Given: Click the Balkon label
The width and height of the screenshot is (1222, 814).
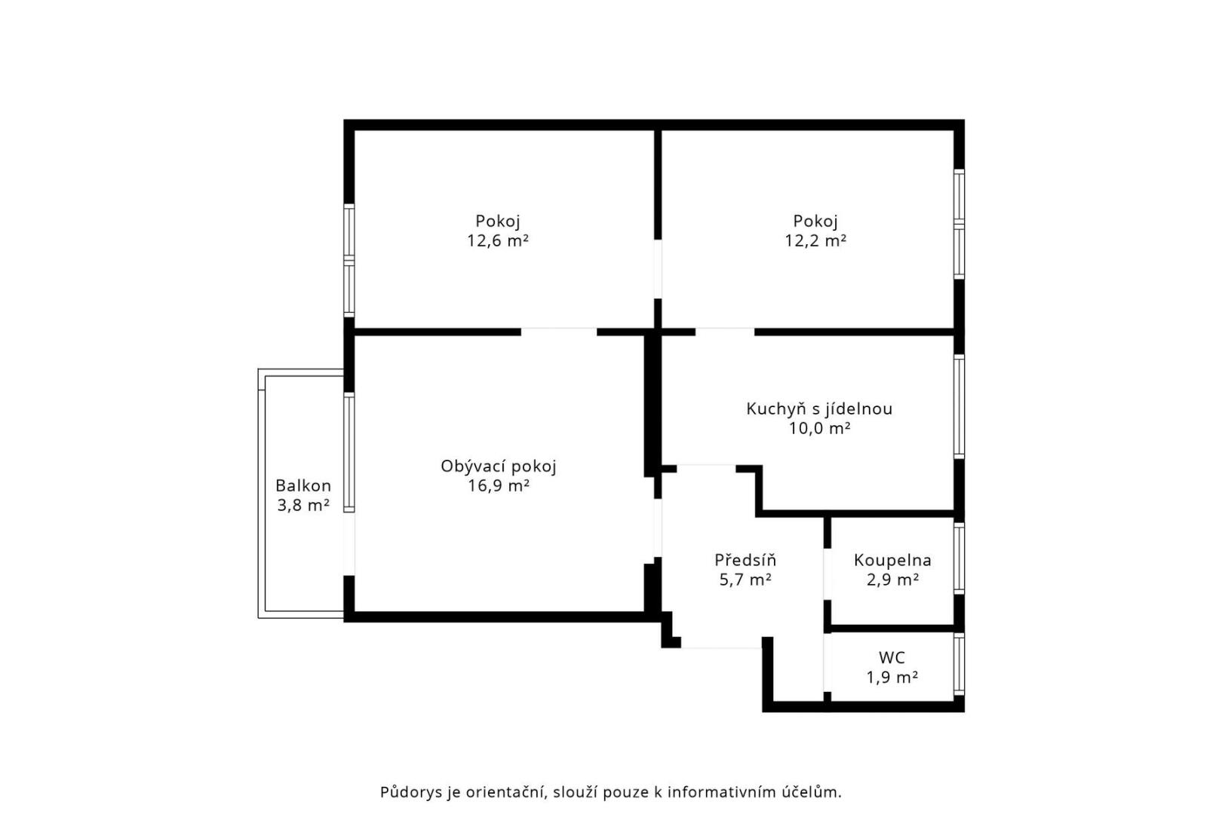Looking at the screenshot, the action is coord(302,485).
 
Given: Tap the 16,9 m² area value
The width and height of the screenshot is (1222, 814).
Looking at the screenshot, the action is coord(498,486).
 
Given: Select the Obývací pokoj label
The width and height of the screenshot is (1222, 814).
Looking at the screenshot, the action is coord(498,467).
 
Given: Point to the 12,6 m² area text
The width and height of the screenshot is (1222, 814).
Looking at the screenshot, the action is coord(498,240).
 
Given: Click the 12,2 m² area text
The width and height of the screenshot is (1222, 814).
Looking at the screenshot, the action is coord(815,240).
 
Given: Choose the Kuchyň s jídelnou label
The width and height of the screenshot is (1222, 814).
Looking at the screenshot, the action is coord(819,409).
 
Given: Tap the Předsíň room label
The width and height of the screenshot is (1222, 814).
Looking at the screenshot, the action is coord(745,560).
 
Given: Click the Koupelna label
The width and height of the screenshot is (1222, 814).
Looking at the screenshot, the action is coord(892,560).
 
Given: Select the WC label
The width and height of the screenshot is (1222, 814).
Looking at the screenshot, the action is coord(892,657).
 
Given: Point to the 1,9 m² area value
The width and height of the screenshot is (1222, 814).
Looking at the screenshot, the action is coord(892,677).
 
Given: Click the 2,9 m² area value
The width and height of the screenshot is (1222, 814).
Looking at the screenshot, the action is coord(892,580).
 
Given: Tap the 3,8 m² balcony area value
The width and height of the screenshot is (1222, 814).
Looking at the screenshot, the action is coord(302,506).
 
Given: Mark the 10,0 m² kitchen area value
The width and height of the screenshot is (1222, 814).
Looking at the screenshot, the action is coord(819,429).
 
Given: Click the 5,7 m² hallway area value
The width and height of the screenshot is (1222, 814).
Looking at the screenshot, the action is coord(745,580).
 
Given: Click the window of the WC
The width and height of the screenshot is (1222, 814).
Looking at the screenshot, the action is coord(959,664).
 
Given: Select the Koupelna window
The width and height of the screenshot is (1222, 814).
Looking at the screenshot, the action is coord(959,558).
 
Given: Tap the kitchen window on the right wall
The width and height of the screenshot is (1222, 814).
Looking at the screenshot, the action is coord(959,407).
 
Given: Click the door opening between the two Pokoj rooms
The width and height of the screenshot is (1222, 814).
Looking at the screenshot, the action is coord(657,269).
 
